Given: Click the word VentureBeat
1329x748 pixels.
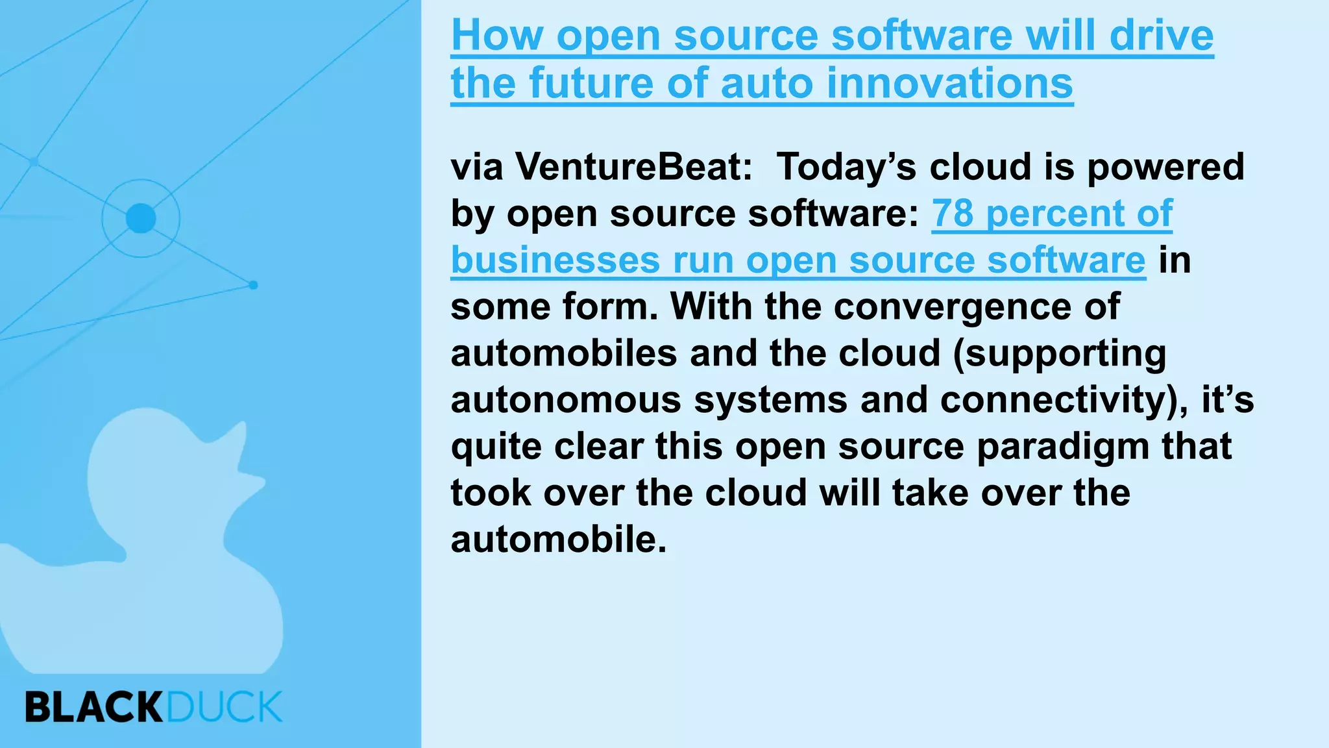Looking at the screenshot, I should point(634,167).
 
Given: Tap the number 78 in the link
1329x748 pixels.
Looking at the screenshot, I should point(953,214).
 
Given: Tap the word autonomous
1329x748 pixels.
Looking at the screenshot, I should point(566,400).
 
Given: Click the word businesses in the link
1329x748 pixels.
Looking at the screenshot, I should point(555,260).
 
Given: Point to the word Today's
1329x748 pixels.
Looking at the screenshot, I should point(846,167).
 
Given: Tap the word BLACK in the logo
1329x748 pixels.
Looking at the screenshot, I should point(94,707).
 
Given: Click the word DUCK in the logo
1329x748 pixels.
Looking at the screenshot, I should point(225,707).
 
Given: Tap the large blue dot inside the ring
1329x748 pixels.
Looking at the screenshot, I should point(141,218).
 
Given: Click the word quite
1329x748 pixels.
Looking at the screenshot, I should point(496,447).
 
